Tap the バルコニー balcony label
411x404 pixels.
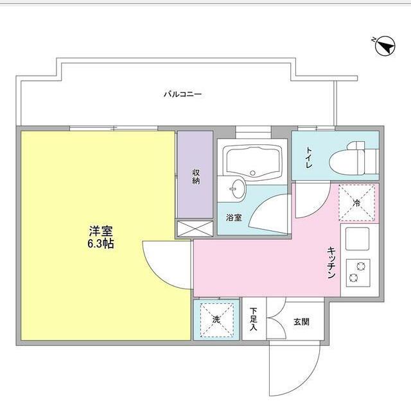pyautogui.click(x=182, y=94)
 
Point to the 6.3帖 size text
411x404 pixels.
pyautogui.click(x=101, y=244)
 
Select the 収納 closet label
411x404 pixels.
pyautogui.click(x=195, y=177)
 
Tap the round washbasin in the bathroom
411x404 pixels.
pyautogui.click(x=238, y=189)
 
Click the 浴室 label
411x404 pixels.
pyautogui.click(x=233, y=217)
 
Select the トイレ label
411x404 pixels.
pyautogui.click(x=309, y=156)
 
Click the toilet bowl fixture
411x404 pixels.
pyautogui.click(x=351, y=158)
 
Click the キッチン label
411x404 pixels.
pyautogui.click(x=331, y=262)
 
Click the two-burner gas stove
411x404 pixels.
pyautogui.click(x=358, y=272)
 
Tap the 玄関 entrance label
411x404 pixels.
pyautogui.click(x=301, y=321)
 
